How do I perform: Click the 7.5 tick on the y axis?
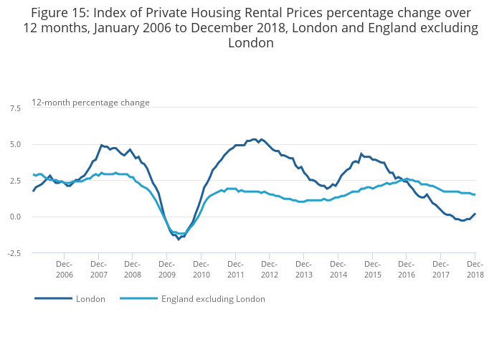click(15, 108)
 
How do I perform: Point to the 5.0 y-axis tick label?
click(15, 144)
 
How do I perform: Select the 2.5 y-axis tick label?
click(15, 181)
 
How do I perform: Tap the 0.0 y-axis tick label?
click(15, 217)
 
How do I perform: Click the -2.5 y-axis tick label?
click(14, 253)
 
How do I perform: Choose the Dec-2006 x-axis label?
click(64, 270)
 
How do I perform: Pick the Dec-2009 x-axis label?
click(166, 270)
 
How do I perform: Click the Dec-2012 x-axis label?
click(270, 270)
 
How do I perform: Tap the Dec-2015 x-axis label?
click(372, 270)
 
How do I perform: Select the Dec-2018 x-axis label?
click(475, 270)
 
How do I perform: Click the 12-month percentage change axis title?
click(90, 103)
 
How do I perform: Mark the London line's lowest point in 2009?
click(179, 239)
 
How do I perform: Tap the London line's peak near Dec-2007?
click(101, 146)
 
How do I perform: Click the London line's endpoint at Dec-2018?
click(475, 214)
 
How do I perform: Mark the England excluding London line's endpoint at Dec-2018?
click(475, 195)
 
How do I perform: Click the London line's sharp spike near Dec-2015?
click(361, 153)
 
